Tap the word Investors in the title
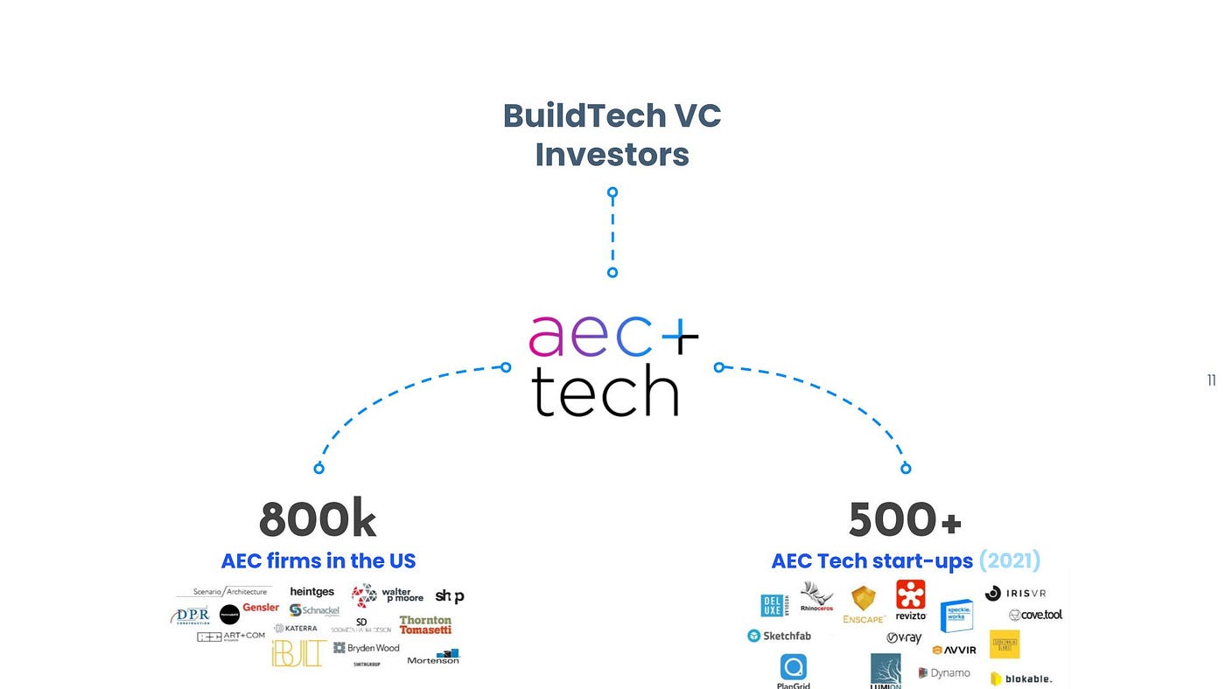pyautogui.click(x=612, y=155)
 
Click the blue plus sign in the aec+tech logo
pyautogui.click(x=676, y=333)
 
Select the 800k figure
pyautogui.click(x=318, y=520)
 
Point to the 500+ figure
pyautogui.click(x=905, y=520)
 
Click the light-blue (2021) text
pyautogui.click(x=1009, y=560)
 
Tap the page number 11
pyautogui.click(x=1211, y=380)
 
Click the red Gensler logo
pyautogui.click(x=261, y=608)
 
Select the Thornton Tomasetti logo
pyautogui.click(x=425, y=624)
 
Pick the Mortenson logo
pyautogui.click(x=434, y=657)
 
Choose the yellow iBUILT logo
pyautogui.click(x=298, y=652)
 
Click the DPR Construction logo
pyautogui.click(x=191, y=616)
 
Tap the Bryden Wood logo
pyautogui.click(x=367, y=648)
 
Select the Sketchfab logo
pyautogui.click(x=780, y=636)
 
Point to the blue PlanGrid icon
pyautogui.click(x=794, y=668)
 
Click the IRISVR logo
pyautogui.click(x=1015, y=593)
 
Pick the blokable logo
pyautogui.click(x=1021, y=679)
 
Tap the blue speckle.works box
pyautogui.click(x=956, y=616)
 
